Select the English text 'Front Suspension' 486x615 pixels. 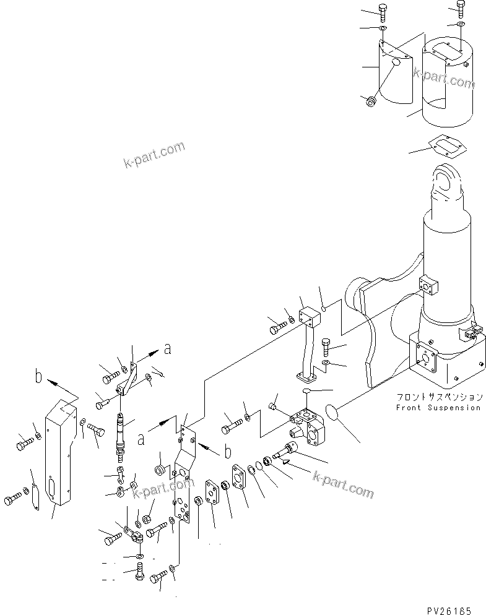pyautogui.click(x=438, y=408)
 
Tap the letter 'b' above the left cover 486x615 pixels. pyautogui.click(x=38, y=376)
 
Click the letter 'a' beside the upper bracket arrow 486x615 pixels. pyautogui.click(x=167, y=350)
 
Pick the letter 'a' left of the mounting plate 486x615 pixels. pyautogui.click(x=141, y=439)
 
